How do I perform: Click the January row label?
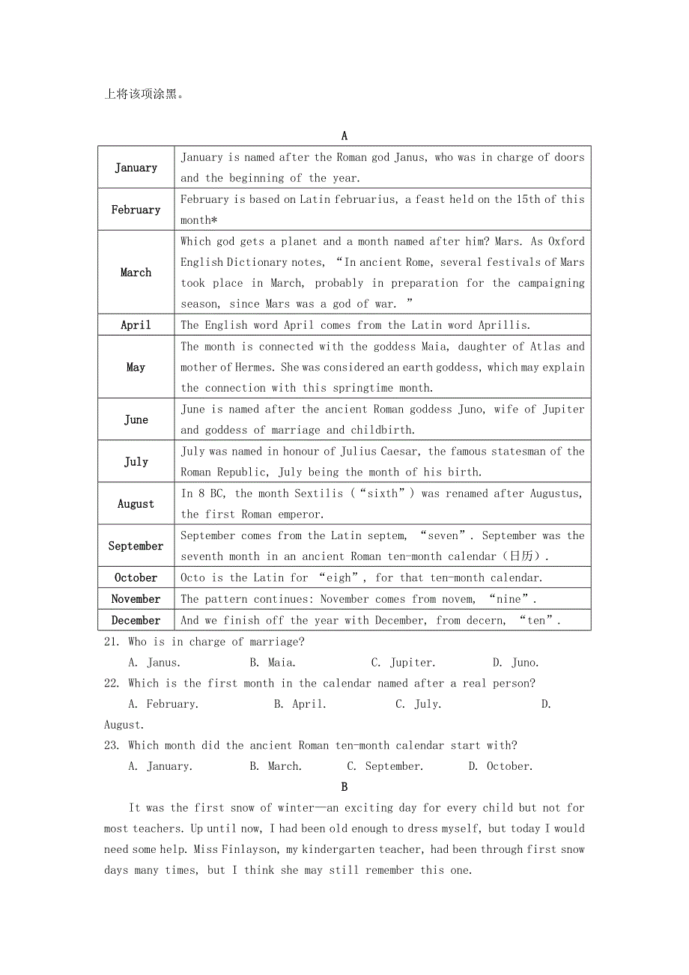(x=136, y=168)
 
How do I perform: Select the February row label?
(x=136, y=210)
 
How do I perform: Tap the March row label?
(x=136, y=273)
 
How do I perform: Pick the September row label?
(x=136, y=546)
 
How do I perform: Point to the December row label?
(x=136, y=620)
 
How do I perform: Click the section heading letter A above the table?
(x=344, y=136)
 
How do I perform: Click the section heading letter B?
(x=344, y=787)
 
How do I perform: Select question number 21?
(x=112, y=642)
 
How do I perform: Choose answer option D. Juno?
(x=515, y=663)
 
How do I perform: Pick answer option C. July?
(x=418, y=704)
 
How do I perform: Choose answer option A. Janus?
(x=154, y=663)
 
